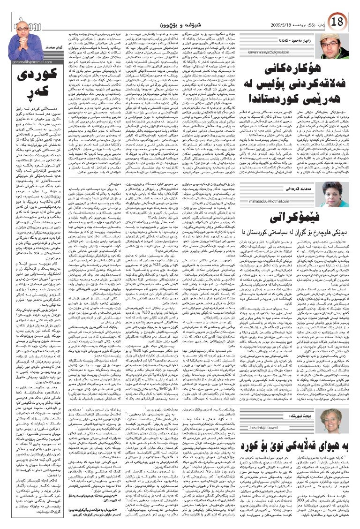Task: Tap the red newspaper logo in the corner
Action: coord(12,9)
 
